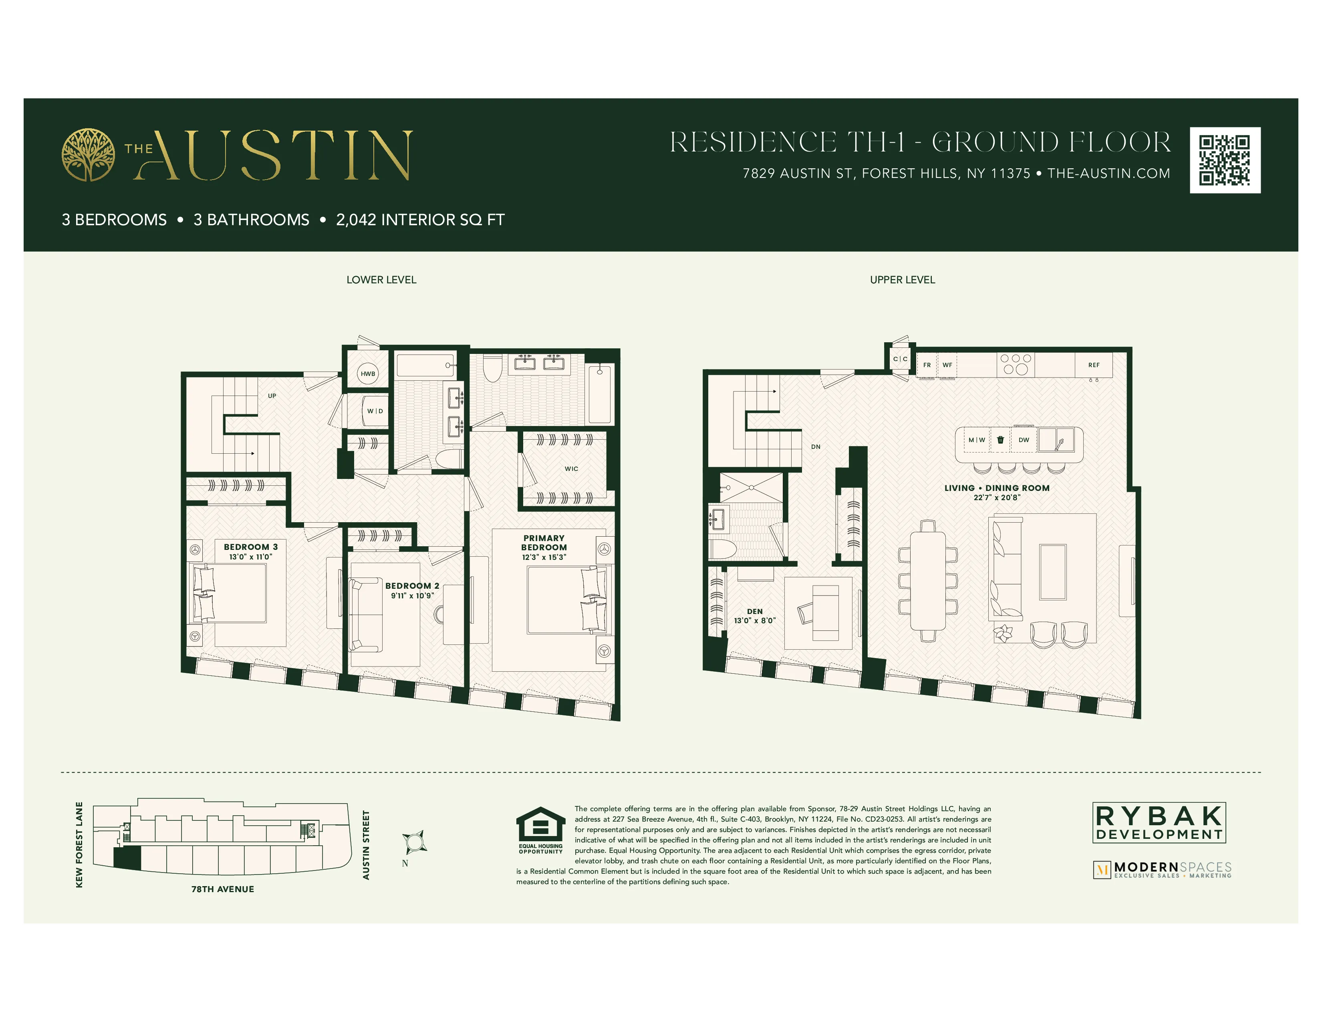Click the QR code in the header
(1225, 160)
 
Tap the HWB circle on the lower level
(368, 374)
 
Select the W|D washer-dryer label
(375, 411)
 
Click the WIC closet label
(571, 469)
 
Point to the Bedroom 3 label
(251, 547)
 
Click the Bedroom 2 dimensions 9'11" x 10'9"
(412, 596)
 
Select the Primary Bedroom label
(544, 543)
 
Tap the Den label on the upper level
(755, 612)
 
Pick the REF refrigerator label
(1094, 365)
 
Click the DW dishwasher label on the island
(1024, 440)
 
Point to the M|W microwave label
(976, 440)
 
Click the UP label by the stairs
(272, 396)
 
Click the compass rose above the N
(415, 842)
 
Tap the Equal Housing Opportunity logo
(540, 830)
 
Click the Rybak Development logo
(1159, 822)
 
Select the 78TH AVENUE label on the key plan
(223, 889)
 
